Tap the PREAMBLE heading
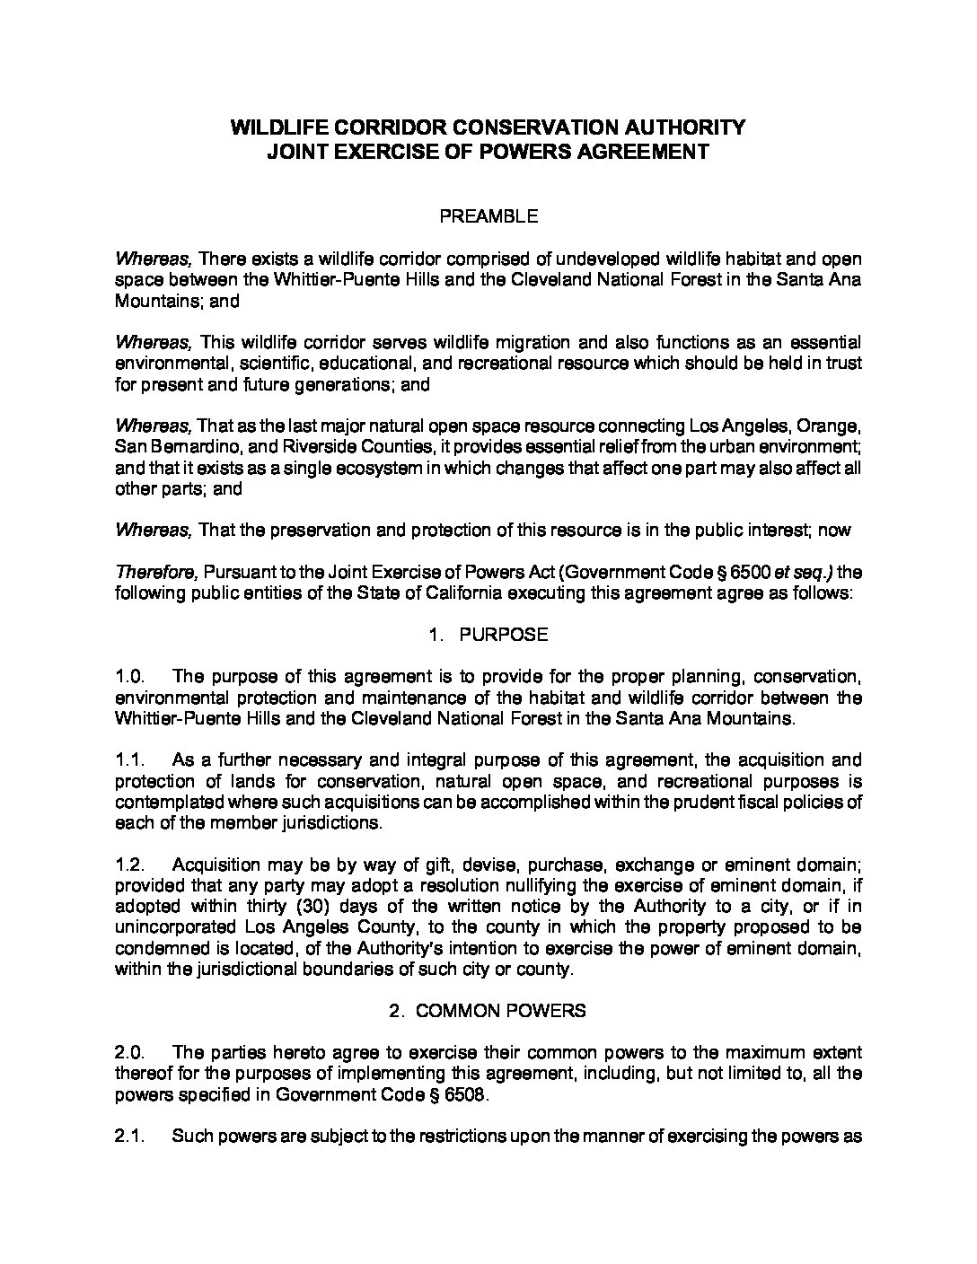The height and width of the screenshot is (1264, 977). (488, 215)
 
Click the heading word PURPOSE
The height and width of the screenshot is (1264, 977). (503, 635)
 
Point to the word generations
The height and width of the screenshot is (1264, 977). (334, 385)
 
